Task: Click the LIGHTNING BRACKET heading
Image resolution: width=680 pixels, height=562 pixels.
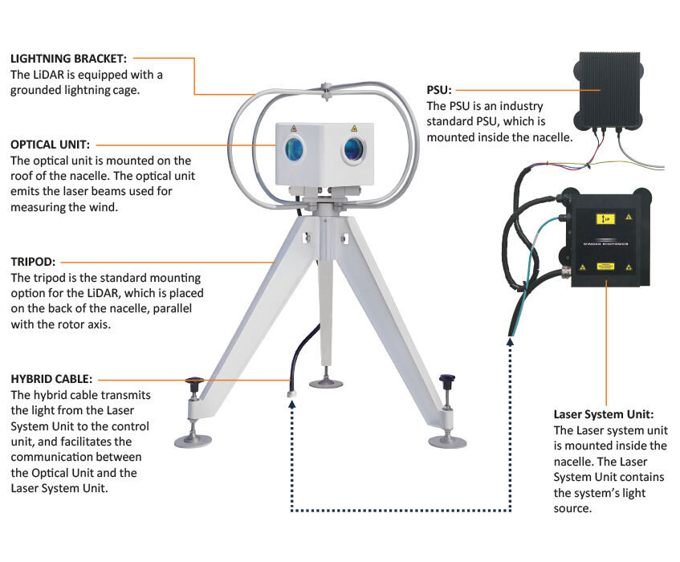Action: pyautogui.click(x=68, y=59)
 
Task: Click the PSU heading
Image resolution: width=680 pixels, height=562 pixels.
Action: pyautogui.click(x=440, y=91)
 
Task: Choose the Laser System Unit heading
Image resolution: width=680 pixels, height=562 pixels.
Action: pyautogui.click(x=603, y=415)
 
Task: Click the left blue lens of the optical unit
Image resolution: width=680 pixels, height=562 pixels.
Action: pyautogui.click(x=292, y=149)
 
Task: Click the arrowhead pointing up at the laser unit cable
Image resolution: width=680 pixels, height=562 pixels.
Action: pyautogui.click(x=511, y=342)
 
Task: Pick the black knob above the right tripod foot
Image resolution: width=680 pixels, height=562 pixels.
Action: pyautogui.click(x=447, y=379)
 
